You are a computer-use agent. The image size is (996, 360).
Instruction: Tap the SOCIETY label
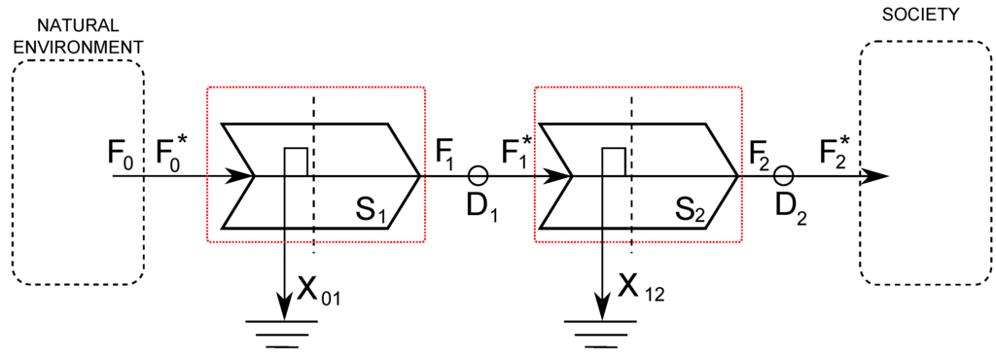(919, 15)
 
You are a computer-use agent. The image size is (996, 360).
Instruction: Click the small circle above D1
(477, 175)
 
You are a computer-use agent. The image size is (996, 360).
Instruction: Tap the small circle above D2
(784, 175)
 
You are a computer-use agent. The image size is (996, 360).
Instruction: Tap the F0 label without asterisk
(124, 154)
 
